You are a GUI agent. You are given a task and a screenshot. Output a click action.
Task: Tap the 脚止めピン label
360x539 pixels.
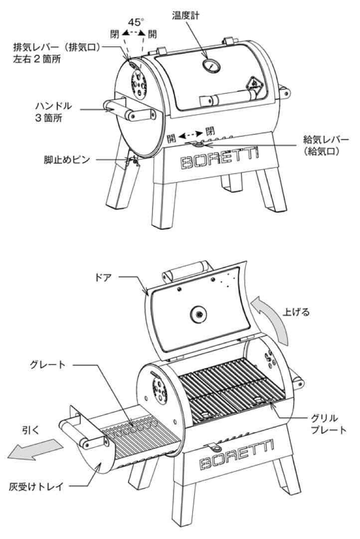[66, 160]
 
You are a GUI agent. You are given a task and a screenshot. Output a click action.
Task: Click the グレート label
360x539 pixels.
[49, 365]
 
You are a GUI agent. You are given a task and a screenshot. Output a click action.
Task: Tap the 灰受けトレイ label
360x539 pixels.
[36, 486]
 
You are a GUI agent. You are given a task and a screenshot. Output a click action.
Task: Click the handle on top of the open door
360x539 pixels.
[184, 269]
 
